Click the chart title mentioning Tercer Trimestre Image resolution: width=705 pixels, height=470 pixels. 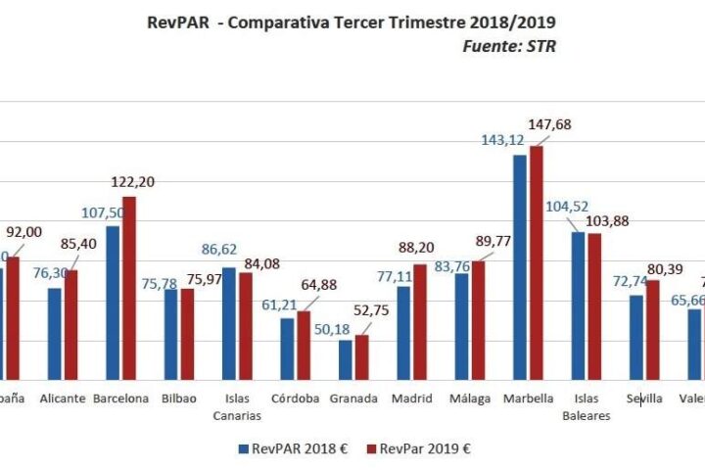pos(352,22)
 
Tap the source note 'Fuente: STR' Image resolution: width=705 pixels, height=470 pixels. pos(507,46)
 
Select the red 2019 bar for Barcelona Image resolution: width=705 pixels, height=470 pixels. pos(129,288)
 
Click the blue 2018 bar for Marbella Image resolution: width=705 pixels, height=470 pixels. pos(519,266)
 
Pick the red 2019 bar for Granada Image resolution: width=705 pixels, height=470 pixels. pos(362,357)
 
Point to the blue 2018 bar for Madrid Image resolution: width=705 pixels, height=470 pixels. pos(403,332)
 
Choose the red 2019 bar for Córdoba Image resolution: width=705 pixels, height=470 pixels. pos(304,345)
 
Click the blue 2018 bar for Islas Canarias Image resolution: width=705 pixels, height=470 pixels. pos(228,323)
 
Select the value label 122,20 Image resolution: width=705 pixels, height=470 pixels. pos(133,182)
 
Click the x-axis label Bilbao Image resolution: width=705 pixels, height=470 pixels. pos(179,399)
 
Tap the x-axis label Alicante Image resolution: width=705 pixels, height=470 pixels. pos(62,399)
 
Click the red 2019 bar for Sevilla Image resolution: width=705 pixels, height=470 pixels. pos(653,329)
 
